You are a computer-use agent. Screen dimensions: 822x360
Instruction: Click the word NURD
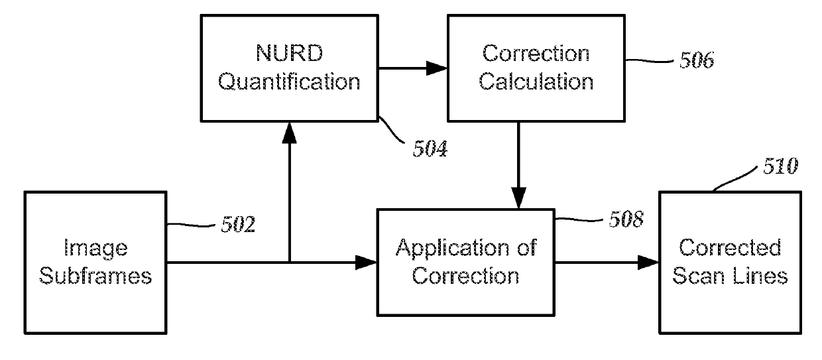pos(290,53)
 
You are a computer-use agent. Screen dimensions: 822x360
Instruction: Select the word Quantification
pos(289,82)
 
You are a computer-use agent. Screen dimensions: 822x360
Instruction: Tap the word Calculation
pos(536,81)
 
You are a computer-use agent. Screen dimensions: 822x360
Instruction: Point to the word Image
pos(95,249)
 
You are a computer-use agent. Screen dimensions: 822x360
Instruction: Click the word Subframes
pos(95,276)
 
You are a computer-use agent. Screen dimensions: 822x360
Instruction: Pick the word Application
pos(453,249)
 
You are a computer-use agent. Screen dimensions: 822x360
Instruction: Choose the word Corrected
pos(730,247)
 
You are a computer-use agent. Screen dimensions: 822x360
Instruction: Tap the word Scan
pos(698,276)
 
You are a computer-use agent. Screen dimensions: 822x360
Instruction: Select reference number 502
pos(238,225)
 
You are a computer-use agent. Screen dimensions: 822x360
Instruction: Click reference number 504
pos(430,149)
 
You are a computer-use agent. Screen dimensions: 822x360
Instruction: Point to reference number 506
pos(697,60)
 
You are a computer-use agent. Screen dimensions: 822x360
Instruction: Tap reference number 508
pos(626,219)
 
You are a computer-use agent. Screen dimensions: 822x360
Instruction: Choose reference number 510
pos(780,166)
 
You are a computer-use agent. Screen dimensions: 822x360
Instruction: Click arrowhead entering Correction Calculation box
pos(437,68)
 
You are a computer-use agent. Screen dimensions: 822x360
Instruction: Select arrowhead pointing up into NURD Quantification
pos(289,133)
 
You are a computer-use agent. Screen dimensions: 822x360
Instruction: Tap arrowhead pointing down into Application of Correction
pos(518,198)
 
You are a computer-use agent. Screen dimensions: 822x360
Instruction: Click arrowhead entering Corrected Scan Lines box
pos(648,263)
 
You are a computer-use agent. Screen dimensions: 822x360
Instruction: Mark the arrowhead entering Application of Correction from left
pos(366,263)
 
